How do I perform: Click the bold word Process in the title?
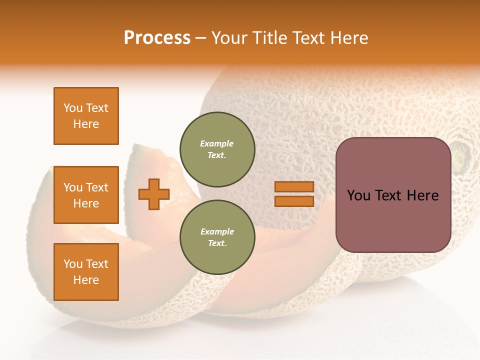click(x=157, y=38)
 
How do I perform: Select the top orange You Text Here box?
click(x=86, y=116)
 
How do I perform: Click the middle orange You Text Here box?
click(x=86, y=195)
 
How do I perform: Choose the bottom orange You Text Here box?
click(x=86, y=271)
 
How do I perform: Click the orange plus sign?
click(x=154, y=194)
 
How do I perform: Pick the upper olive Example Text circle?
click(x=217, y=149)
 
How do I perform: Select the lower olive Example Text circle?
click(x=217, y=237)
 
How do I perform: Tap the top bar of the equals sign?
click(x=294, y=187)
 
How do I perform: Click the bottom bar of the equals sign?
click(x=294, y=201)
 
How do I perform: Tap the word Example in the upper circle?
click(x=216, y=143)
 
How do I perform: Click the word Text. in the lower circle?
click(x=217, y=243)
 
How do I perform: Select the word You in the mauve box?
click(x=359, y=195)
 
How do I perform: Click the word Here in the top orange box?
click(x=86, y=124)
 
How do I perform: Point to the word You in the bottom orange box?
click(x=73, y=264)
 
